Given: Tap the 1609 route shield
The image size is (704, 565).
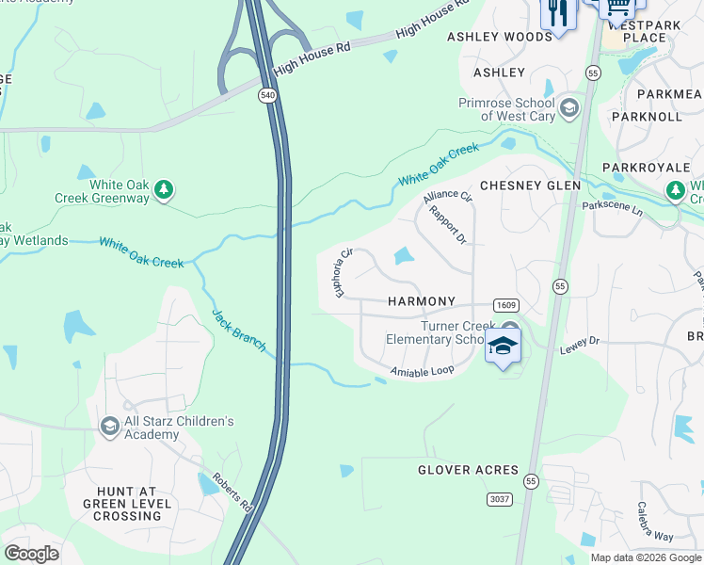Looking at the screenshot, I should point(505,305).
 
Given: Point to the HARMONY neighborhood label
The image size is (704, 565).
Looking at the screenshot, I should point(422,301).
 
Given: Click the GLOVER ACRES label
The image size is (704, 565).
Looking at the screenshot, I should point(468,470).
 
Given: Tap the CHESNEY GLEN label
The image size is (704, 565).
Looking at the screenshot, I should point(530,186).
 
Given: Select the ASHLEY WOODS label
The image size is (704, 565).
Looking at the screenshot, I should point(499,37).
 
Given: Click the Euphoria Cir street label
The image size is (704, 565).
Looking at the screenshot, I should point(343,273).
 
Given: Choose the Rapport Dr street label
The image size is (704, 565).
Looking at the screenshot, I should point(448,225).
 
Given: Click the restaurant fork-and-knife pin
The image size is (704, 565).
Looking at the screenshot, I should point(557,13).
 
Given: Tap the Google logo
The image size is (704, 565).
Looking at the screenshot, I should point(31,554).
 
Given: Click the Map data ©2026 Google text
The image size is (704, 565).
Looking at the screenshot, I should point(645,557).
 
